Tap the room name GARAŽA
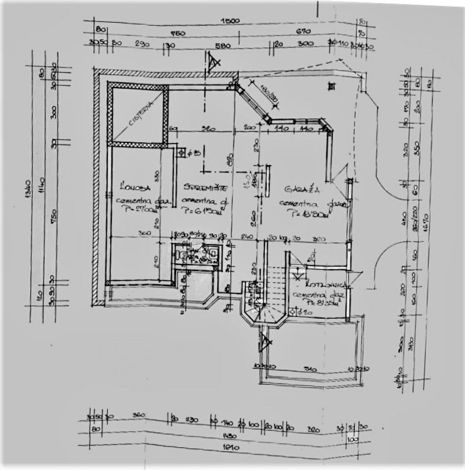[x=297, y=188]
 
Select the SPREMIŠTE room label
[x=201, y=187]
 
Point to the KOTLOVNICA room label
[x=320, y=285]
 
